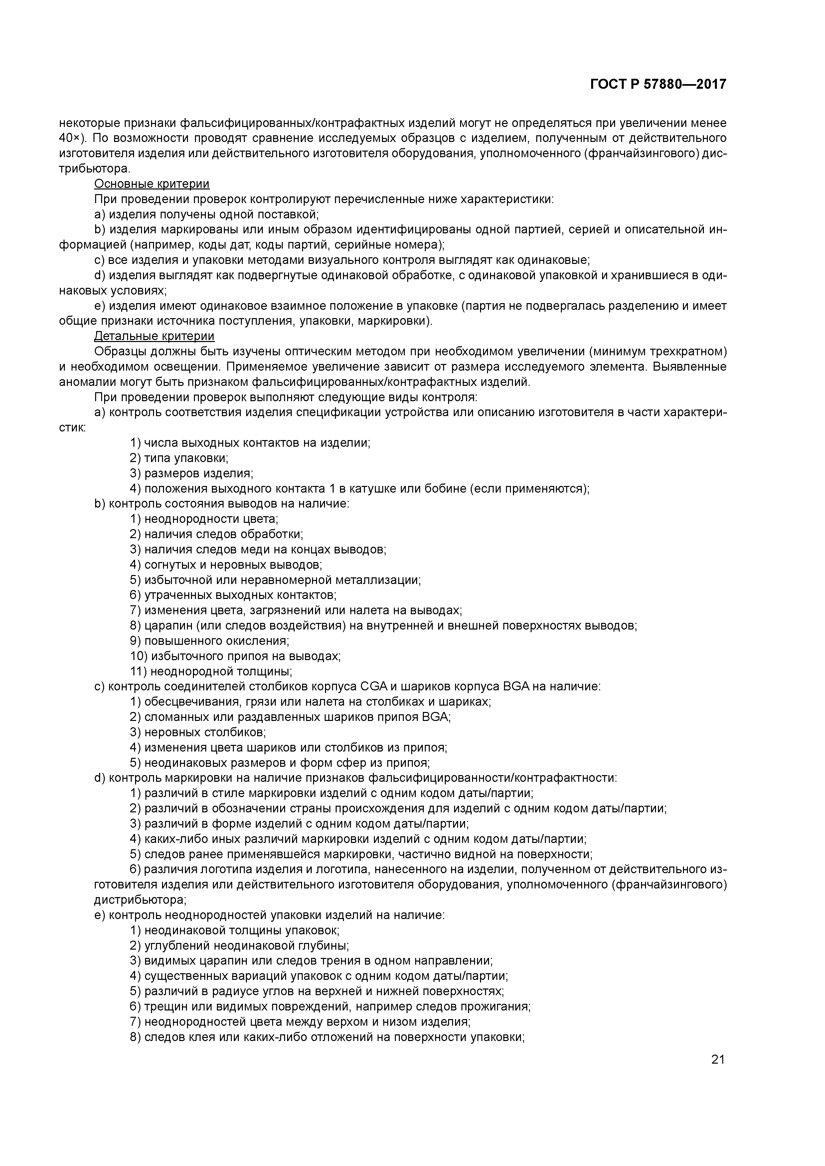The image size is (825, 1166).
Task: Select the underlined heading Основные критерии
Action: point(152,184)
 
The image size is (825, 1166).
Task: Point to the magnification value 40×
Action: point(70,138)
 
